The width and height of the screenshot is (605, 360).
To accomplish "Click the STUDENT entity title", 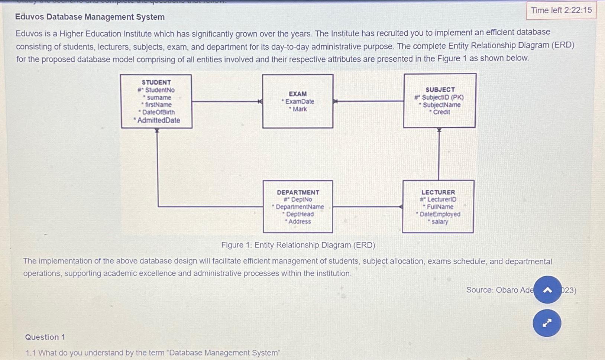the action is [156, 82].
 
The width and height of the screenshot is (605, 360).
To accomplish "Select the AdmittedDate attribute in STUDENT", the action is [158, 120].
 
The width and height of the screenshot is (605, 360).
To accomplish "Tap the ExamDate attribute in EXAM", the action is [299, 101].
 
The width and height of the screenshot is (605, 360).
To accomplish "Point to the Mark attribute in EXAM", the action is [300, 109].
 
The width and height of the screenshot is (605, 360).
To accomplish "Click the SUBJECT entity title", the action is [440, 90].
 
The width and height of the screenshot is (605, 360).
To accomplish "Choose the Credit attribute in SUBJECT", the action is [441, 112].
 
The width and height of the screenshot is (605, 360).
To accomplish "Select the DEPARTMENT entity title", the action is [298, 192].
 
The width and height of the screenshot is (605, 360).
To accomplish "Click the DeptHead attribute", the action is [300, 214].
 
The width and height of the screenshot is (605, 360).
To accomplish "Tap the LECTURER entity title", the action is [438, 192].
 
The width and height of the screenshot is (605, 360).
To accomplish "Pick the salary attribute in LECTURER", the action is [440, 222].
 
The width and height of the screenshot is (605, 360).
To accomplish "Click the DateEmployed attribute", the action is [440, 214].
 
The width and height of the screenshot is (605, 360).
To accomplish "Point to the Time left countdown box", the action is [561, 10].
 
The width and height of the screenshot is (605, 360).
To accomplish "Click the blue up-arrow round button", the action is [547, 290].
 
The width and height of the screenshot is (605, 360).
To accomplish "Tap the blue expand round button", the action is [547, 323].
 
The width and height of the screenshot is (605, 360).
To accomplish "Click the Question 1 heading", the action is [45, 337].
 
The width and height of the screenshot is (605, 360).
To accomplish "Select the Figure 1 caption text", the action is [298, 245].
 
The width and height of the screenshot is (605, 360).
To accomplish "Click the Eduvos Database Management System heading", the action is [90, 17].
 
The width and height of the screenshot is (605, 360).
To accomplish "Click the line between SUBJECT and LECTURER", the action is [439, 154].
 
